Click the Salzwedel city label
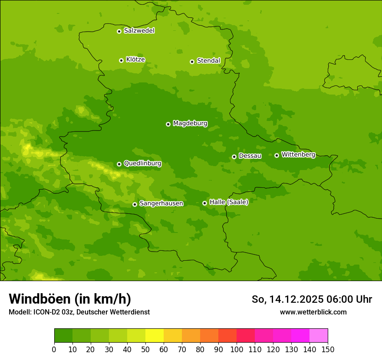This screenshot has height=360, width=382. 139,31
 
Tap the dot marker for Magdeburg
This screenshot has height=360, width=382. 168,124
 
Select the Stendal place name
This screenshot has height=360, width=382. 208,61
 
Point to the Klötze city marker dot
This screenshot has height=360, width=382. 121,60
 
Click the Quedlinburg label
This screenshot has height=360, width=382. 142,164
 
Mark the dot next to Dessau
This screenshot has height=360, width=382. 234,157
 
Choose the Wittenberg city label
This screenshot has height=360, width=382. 298,154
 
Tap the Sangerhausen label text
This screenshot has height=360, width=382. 161,203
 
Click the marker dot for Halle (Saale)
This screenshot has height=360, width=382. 204,203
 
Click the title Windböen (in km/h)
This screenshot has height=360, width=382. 70,299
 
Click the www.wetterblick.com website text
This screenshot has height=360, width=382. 313,312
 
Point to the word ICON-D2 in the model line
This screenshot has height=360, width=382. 46,312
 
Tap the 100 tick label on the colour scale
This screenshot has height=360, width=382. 237,350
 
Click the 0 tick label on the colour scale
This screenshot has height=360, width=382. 54,350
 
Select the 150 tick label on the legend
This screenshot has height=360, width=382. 328,350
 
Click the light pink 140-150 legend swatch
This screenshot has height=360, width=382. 319,336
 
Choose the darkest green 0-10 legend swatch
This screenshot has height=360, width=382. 63,336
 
